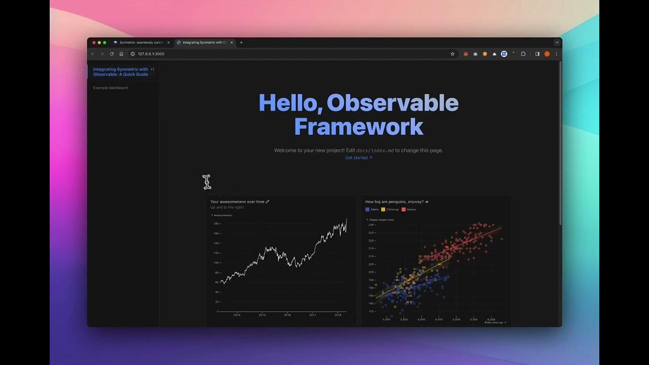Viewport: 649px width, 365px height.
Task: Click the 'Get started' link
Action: coord(358,158)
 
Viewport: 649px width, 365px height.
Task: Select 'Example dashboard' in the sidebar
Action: coord(111,88)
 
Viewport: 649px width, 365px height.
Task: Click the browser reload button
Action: coord(112,54)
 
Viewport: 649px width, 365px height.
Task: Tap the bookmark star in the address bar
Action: coord(452,54)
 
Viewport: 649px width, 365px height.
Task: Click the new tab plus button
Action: coord(241,43)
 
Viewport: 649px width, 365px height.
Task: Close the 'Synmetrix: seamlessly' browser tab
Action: coord(168,43)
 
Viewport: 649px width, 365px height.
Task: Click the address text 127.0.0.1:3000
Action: coord(151,54)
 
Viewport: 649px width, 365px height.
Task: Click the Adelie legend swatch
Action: coord(367,209)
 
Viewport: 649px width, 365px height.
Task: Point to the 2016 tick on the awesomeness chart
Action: coord(287,315)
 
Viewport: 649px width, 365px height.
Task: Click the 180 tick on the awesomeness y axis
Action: coord(216,224)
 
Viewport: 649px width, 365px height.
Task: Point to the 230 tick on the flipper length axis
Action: coord(371,225)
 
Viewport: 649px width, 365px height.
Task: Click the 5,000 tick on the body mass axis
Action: coord(456,319)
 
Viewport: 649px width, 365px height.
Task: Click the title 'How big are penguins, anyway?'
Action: coord(395,202)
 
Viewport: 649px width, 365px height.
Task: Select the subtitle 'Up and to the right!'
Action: coord(227,207)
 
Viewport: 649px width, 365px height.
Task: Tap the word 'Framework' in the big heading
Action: coord(358,127)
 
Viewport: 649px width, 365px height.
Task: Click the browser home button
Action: coord(121,54)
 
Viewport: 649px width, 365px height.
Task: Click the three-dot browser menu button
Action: coord(556,54)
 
